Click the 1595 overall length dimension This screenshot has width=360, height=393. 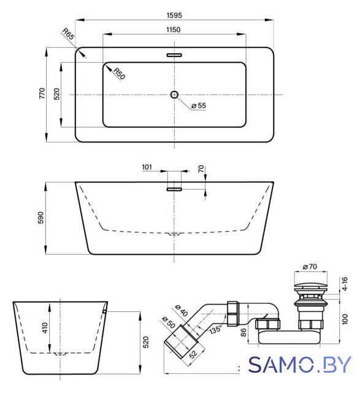tap(174, 15)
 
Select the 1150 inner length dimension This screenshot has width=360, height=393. tap(173, 29)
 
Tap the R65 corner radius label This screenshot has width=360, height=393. tap(68, 34)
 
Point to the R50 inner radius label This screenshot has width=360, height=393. tap(119, 74)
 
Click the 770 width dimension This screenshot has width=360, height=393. tap(42, 93)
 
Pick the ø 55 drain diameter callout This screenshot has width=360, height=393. tap(199, 106)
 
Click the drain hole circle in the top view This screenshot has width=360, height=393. tap(175, 95)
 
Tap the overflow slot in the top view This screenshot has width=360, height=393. tap(174, 55)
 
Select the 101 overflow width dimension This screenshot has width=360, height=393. tap(147, 167)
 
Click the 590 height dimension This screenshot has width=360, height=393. tap(41, 218)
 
